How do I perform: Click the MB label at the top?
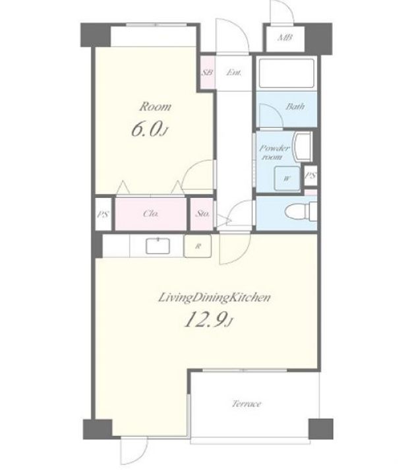[285, 38]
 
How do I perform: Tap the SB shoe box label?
[208, 73]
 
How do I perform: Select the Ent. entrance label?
[234, 73]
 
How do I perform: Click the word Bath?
[295, 107]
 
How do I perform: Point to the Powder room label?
[274, 152]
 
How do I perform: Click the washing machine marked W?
[287, 178]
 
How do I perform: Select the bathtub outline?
[286, 73]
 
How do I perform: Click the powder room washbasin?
[303, 147]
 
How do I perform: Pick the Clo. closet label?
[151, 214]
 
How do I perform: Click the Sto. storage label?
[202, 214]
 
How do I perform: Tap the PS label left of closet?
[104, 214]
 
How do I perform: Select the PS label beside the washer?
[311, 175]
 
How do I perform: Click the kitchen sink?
[158, 246]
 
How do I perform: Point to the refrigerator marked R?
[198, 246]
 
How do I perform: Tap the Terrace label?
[247, 404]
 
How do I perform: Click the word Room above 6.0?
[156, 107]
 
